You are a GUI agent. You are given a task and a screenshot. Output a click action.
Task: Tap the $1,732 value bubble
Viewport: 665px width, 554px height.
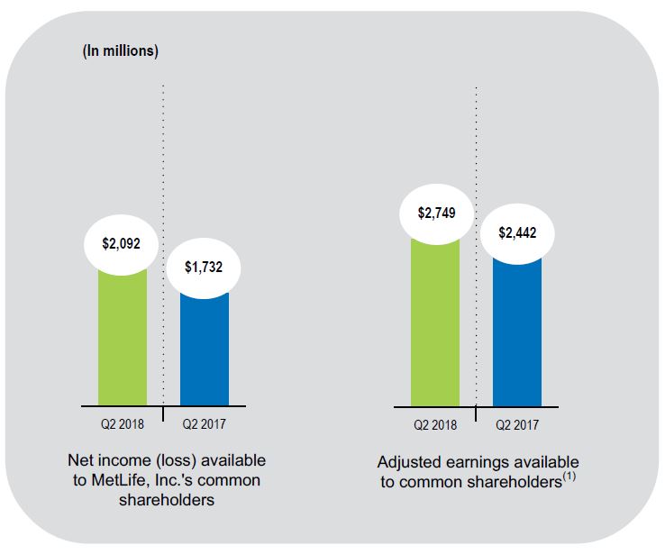click(x=205, y=268)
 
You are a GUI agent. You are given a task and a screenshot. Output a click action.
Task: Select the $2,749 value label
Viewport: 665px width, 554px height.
click(x=435, y=213)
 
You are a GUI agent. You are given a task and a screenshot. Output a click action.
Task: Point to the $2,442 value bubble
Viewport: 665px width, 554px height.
click(x=517, y=232)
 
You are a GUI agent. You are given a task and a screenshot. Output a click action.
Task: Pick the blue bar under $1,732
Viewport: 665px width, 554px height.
click(x=205, y=351)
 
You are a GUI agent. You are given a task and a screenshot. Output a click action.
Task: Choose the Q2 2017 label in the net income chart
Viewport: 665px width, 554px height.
click(x=205, y=423)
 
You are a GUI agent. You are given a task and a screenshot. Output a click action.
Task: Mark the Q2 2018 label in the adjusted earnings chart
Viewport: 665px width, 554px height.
click(x=435, y=423)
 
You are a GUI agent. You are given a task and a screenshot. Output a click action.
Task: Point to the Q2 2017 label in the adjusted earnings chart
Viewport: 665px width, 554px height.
click(x=517, y=423)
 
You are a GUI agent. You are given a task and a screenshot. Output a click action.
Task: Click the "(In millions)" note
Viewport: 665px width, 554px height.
click(x=121, y=50)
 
